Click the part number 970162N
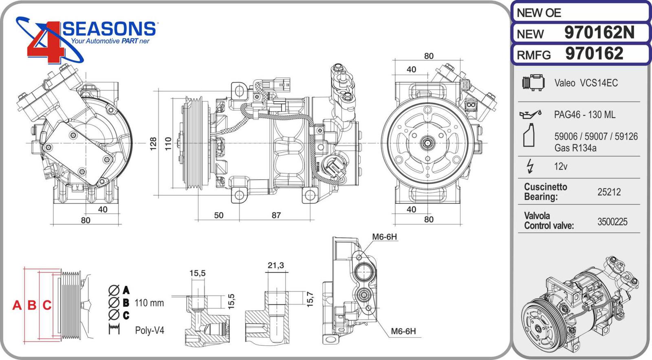click(599, 33)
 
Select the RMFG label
click(533, 55)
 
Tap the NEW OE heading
click(539, 13)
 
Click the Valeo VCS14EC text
click(586, 83)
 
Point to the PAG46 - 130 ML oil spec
click(584, 115)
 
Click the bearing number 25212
click(609, 192)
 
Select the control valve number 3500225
click(612, 222)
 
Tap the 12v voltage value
click(560, 166)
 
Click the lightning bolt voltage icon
click(530, 166)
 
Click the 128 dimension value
click(153, 144)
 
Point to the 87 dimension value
click(276, 215)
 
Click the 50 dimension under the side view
click(219, 215)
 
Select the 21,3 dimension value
click(275, 265)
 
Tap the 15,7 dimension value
click(310, 299)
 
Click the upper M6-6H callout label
click(384, 237)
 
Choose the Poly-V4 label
click(150, 330)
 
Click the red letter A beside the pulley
click(17, 305)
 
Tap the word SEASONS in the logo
click(109, 29)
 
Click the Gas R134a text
click(575, 148)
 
